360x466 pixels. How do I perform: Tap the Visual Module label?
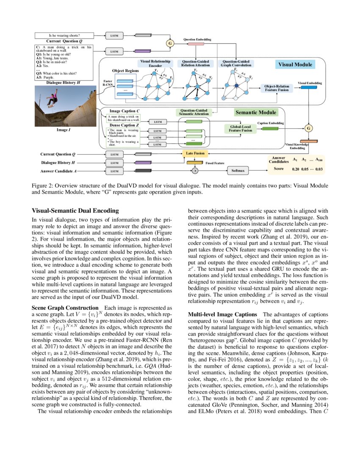coord(295,65)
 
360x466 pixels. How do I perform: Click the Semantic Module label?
coord(256,113)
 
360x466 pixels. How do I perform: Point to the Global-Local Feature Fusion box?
coord(241,128)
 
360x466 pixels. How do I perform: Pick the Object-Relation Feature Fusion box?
coord(277,89)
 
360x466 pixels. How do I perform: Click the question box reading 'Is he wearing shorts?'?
coord(65,36)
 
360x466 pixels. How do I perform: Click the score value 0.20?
coord(296,169)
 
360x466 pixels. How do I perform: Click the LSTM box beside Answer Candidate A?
coord(115,171)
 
